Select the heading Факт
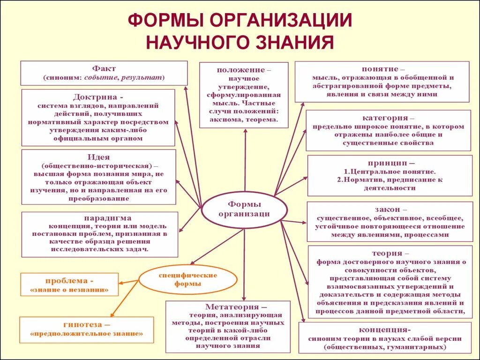pyautogui.click(x=104, y=68)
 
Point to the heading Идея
pyautogui.click(x=98, y=157)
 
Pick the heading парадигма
pyautogui.click(x=107, y=218)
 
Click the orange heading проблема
pyautogui.click(x=67, y=281)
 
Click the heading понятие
pyautogui.click(x=380, y=69)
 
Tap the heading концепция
pyautogui.click(x=385, y=329)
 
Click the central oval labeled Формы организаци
pyautogui.click(x=244, y=209)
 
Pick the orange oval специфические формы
pyautogui.click(x=188, y=279)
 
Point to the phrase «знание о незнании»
pyautogui.click(x=69, y=290)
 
